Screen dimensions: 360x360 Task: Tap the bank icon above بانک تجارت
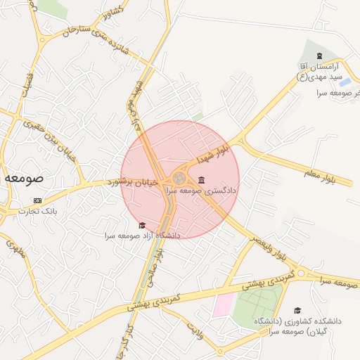38,201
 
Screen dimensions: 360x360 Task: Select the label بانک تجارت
39,211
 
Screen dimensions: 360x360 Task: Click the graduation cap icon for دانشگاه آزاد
143,225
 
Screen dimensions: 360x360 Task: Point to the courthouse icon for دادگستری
202,180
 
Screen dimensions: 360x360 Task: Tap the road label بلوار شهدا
214,152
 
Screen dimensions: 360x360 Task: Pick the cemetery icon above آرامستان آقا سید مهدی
320,56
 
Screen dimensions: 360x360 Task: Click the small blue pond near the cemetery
345,82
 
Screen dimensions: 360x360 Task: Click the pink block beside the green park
224,304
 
